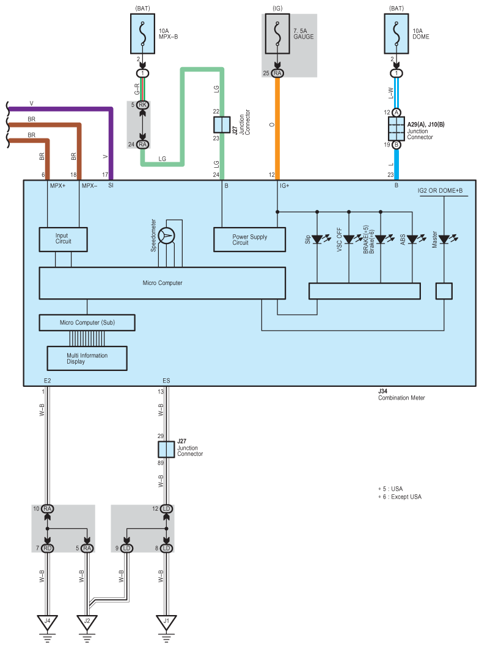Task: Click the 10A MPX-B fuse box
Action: [x=143, y=34]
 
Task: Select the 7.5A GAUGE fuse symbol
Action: [x=277, y=34]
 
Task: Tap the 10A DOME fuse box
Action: [x=396, y=34]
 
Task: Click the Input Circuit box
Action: [x=64, y=239]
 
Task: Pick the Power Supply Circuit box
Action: [x=249, y=240]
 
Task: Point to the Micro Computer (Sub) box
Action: [x=87, y=323]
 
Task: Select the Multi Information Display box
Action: [x=87, y=358]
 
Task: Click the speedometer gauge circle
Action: [x=166, y=236]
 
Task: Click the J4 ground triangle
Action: [x=47, y=622]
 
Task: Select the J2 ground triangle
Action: [x=87, y=622]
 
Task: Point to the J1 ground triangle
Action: [x=166, y=622]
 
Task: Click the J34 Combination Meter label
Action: [x=401, y=394]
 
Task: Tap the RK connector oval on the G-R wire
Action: [x=143, y=105]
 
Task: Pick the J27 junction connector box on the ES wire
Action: [x=166, y=449]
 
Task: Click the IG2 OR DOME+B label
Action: [x=440, y=190]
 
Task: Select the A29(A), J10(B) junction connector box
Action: [x=396, y=129]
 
